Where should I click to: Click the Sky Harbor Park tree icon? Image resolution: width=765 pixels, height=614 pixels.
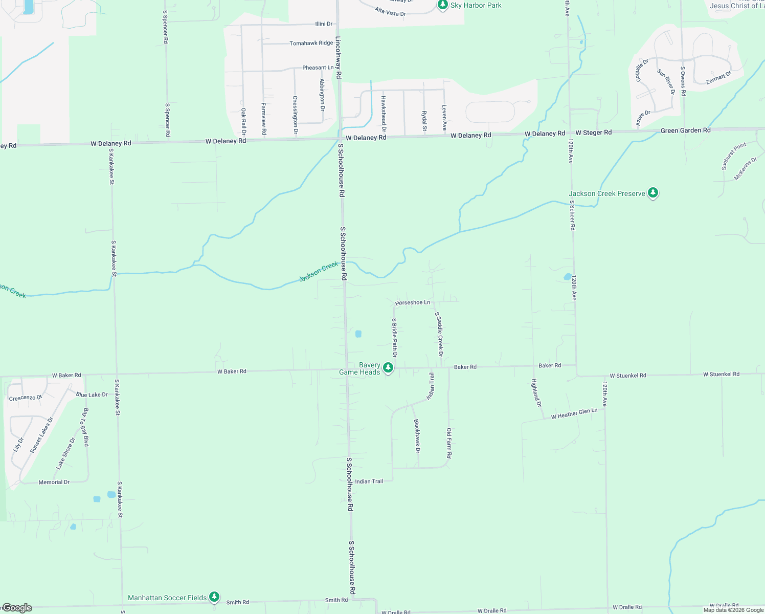[443, 5]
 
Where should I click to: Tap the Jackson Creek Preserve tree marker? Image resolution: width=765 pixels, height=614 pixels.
[652, 193]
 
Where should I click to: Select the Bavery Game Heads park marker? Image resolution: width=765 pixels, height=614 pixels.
[388, 367]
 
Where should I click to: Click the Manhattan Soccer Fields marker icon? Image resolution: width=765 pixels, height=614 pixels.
[215, 597]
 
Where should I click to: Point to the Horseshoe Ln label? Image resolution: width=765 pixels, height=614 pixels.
[413, 303]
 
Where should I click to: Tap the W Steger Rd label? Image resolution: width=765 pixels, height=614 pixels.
[593, 133]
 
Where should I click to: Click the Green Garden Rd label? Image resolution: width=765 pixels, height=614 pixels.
[685, 130]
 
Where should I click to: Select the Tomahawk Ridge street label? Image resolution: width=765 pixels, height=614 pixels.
[311, 43]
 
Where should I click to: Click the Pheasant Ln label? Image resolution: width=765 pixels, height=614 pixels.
[318, 68]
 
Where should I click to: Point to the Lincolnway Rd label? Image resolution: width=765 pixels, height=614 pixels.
[339, 57]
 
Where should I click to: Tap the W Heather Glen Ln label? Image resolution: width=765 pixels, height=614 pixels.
[574, 414]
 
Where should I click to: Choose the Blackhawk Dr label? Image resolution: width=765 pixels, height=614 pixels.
[417, 436]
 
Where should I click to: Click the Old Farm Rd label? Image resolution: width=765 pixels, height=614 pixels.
[449, 443]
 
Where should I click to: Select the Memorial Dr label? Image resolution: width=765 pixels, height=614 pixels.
[54, 482]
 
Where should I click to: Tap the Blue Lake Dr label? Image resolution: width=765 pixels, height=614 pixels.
[92, 394]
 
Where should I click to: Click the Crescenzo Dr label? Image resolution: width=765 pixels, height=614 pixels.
[26, 398]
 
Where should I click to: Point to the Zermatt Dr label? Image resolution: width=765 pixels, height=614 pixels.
[718, 78]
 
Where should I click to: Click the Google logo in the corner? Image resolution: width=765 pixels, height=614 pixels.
[17, 608]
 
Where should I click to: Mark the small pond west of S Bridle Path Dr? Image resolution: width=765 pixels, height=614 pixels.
[358, 334]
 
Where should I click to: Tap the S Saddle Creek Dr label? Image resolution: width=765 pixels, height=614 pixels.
[439, 334]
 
